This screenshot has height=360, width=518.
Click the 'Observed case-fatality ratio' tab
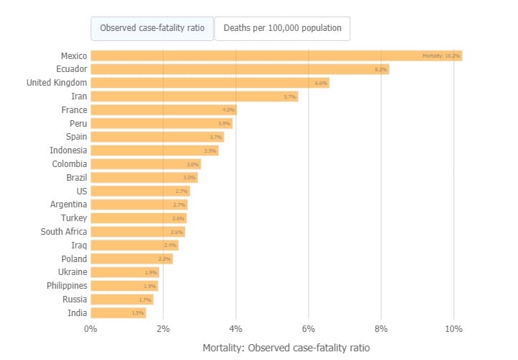click(x=153, y=29)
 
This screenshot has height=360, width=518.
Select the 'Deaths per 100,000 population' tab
click(x=282, y=29)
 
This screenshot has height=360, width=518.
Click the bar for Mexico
click(x=276, y=55)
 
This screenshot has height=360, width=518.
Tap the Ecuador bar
click(x=240, y=69)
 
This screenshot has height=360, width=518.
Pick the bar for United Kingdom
click(x=209, y=83)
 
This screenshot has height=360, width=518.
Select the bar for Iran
click(x=194, y=96)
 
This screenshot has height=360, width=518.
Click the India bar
click(x=118, y=312)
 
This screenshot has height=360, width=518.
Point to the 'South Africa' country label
click(x=64, y=231)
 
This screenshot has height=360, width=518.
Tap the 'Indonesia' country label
click(x=68, y=150)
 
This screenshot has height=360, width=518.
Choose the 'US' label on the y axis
click(x=81, y=191)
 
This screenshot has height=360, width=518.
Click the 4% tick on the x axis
click(x=236, y=329)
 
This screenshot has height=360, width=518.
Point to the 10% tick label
click(x=453, y=329)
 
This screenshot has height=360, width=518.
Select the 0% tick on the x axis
click(x=91, y=329)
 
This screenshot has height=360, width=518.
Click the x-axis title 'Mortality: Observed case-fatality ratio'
click(x=286, y=348)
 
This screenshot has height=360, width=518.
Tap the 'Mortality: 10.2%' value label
click(x=441, y=56)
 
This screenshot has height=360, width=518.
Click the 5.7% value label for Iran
click(x=290, y=96)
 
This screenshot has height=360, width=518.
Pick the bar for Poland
click(x=132, y=258)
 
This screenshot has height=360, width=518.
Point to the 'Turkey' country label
click(x=74, y=218)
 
